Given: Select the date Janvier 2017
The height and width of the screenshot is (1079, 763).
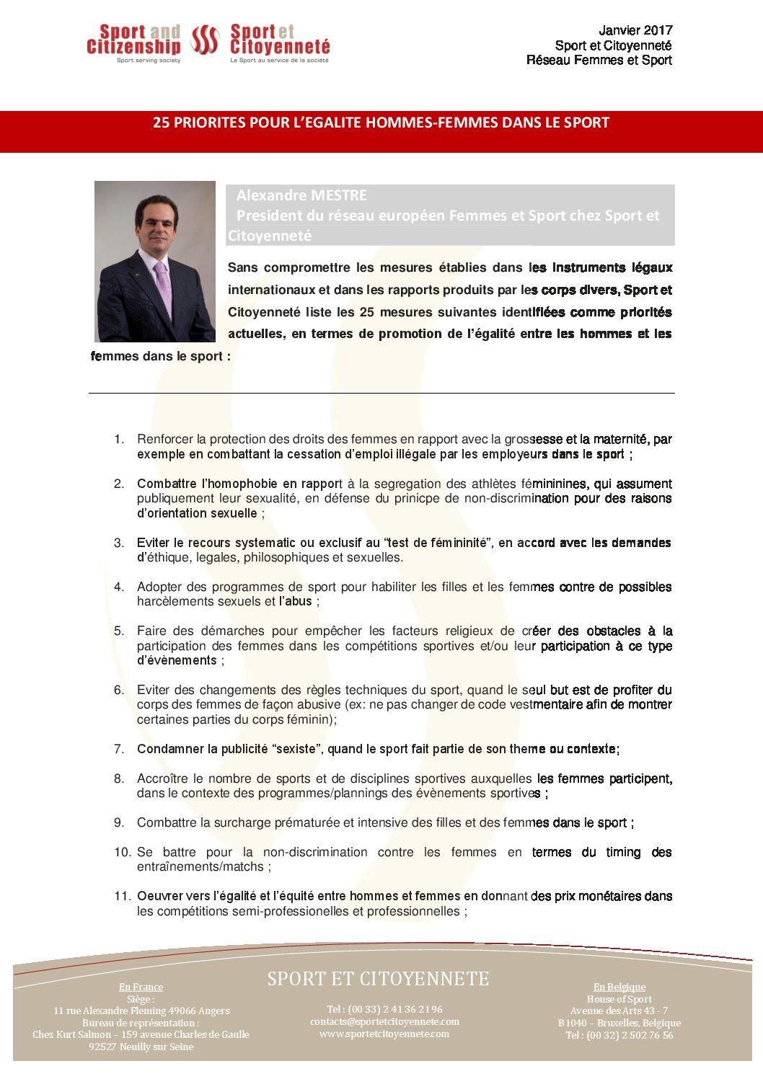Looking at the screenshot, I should pyautogui.click(x=635, y=30).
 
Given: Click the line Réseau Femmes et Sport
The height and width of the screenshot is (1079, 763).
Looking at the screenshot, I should pyautogui.click(x=599, y=61).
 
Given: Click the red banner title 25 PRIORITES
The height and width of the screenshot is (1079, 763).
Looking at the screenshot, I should pyautogui.click(x=381, y=123).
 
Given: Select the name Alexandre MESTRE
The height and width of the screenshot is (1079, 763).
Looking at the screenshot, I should pyautogui.click(x=301, y=195).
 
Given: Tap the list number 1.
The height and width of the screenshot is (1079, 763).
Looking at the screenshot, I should pyautogui.click(x=119, y=439).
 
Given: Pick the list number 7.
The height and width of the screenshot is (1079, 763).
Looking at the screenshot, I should pyautogui.click(x=119, y=749).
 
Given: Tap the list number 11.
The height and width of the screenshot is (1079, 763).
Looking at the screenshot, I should pyautogui.click(x=122, y=896).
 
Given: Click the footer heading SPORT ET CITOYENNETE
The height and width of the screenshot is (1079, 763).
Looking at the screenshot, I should pyautogui.click(x=378, y=979).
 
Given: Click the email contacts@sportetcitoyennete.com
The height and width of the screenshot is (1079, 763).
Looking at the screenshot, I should pyautogui.click(x=384, y=1021).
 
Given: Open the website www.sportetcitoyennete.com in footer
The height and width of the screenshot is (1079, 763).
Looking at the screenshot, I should pyautogui.click(x=384, y=1034).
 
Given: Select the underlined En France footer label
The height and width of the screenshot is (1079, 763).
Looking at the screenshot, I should pyautogui.click(x=141, y=987).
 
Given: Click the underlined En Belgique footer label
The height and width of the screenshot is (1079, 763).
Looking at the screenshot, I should pyautogui.click(x=619, y=987).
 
